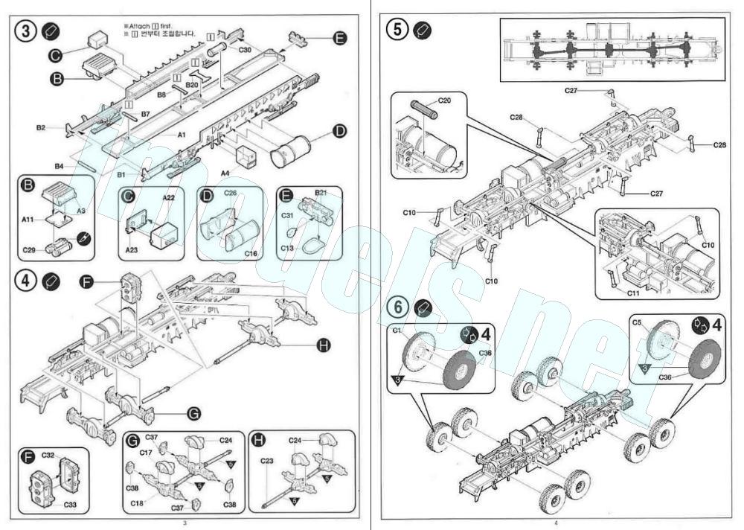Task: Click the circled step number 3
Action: [26, 33]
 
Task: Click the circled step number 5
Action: [399, 31]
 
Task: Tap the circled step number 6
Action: [399, 307]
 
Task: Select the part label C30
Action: [246, 50]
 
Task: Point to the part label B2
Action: [42, 128]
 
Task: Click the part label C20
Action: [444, 100]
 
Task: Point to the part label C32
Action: [48, 454]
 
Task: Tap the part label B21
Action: [321, 193]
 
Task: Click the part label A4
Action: [225, 173]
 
